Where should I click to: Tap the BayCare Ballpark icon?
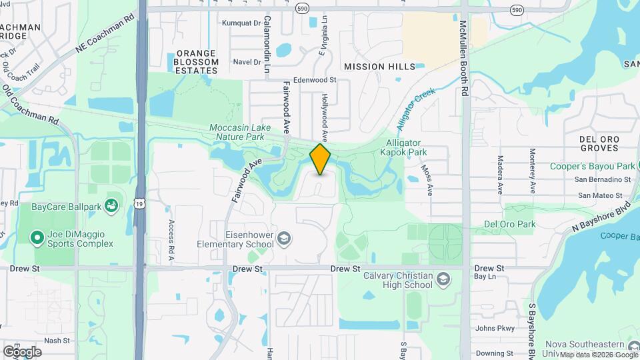[x=111, y=207]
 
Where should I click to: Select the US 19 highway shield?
[x=139, y=203]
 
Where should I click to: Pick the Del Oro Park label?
[x=509, y=224]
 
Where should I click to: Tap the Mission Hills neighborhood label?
[x=379, y=67]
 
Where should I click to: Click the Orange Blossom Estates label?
[x=196, y=62]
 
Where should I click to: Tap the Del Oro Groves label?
[x=599, y=143]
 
